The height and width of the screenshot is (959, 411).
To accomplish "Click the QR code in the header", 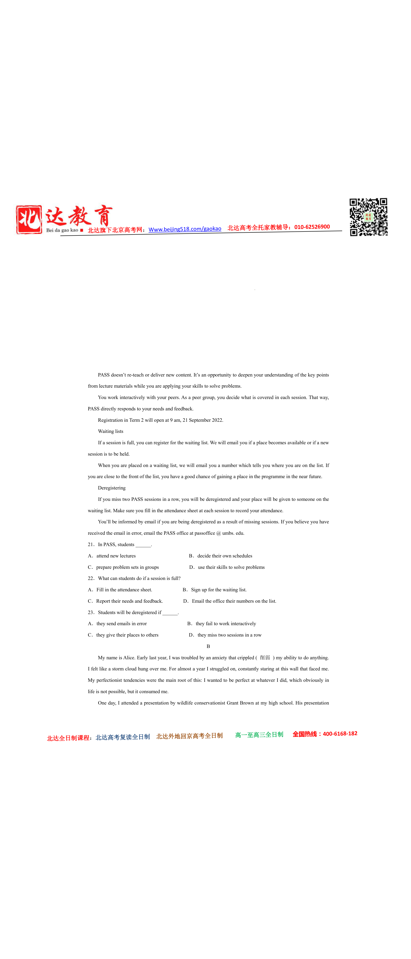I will click(x=368, y=217).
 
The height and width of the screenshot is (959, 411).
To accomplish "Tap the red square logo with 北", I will click(x=29, y=220).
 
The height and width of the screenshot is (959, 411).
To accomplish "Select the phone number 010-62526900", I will click(x=312, y=227).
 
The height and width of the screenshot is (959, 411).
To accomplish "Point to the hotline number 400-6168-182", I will click(x=340, y=733).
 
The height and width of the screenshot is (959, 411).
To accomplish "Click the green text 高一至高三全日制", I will click(x=259, y=734).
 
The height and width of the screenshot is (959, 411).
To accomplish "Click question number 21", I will click(x=91, y=544).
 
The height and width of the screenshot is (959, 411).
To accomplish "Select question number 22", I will click(x=91, y=578).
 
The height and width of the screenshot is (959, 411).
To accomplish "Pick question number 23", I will click(x=91, y=612).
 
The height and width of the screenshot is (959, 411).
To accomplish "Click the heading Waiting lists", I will click(x=111, y=431).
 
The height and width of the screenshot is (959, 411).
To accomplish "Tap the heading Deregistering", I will click(x=112, y=488).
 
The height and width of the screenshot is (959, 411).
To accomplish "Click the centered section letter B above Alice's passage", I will click(x=208, y=646).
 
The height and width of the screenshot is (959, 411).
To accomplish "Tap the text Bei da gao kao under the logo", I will click(x=62, y=230).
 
